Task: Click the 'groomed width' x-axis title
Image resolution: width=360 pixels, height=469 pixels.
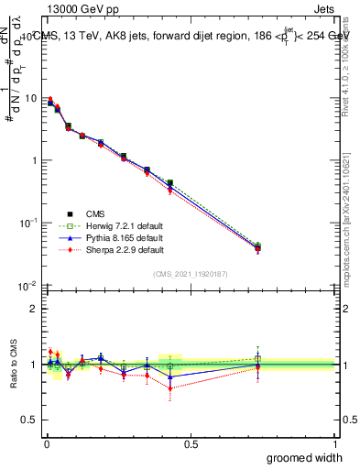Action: coord(306,457)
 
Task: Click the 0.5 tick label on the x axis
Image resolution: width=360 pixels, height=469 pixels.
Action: coord(190,444)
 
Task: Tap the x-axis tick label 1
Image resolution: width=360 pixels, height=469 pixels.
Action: coord(334,444)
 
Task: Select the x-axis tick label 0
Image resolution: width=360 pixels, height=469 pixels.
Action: coord(46,444)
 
